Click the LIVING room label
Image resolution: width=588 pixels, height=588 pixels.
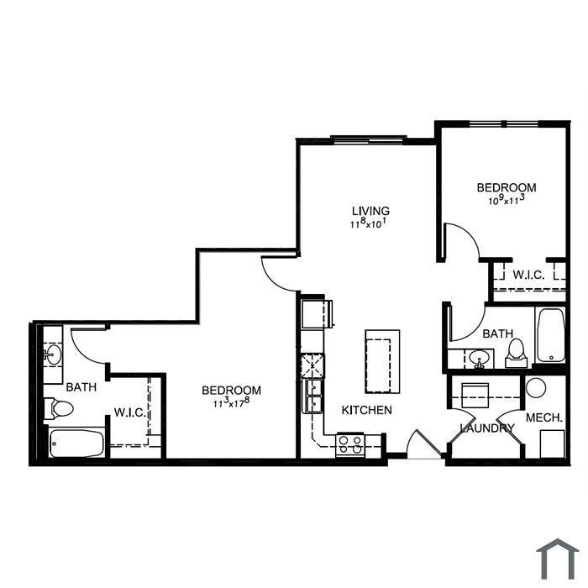click(x=370, y=210)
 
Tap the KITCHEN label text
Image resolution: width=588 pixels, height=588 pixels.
click(x=367, y=410)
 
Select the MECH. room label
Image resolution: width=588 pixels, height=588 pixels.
click(x=544, y=417)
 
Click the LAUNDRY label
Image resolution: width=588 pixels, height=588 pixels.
click(x=487, y=428)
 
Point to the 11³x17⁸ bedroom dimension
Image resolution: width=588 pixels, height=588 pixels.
click(x=231, y=403)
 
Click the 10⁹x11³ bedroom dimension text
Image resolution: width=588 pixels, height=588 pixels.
click(x=506, y=200)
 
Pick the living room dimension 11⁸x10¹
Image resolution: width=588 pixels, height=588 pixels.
click(x=368, y=224)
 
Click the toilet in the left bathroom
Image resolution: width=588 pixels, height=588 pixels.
click(x=59, y=408)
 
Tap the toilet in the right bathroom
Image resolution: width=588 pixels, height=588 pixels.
click(x=517, y=354)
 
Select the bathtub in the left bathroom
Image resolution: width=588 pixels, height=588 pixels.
click(x=76, y=444)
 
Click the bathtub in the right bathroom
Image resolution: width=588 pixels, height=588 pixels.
click(x=550, y=335)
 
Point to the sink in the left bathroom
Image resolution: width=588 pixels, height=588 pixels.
click(x=53, y=354)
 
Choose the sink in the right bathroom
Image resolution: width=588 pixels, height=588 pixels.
click(x=480, y=358)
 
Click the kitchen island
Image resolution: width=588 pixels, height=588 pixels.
click(x=382, y=361)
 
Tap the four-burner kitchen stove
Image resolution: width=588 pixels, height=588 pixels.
click(x=350, y=444)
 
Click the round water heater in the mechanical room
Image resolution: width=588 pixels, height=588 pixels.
click(x=536, y=388)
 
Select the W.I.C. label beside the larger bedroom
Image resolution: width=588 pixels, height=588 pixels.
click(x=130, y=412)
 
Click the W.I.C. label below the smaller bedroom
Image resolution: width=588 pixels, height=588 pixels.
click(x=528, y=275)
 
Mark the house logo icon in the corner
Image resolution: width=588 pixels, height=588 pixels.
click(x=558, y=559)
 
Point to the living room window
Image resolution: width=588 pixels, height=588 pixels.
click(x=369, y=139)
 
